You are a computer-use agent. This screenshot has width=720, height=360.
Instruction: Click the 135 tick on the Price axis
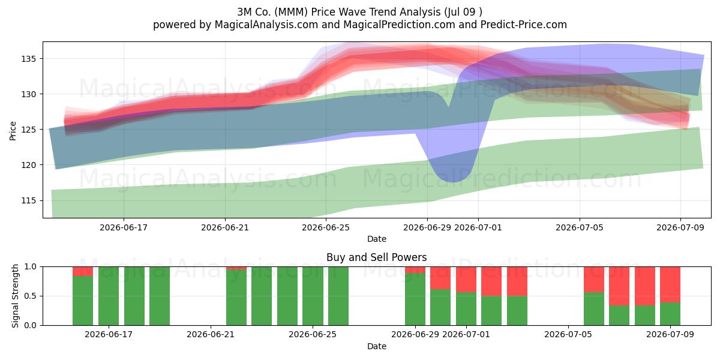click(x=29, y=59)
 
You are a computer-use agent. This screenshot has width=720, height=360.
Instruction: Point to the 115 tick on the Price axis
click(x=29, y=200)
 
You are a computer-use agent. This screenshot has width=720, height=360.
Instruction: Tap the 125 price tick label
click(x=29, y=130)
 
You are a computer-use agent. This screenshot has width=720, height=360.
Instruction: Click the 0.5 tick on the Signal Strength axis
click(x=30, y=296)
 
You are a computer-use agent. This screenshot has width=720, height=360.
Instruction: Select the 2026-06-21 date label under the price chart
click(x=225, y=227)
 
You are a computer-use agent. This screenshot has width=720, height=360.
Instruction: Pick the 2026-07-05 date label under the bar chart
click(x=568, y=334)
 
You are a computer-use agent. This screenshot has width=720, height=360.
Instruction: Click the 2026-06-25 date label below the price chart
click(x=326, y=227)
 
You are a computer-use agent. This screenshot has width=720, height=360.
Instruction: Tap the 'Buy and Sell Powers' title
click(x=377, y=257)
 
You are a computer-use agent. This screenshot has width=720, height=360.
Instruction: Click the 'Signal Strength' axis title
click(x=15, y=296)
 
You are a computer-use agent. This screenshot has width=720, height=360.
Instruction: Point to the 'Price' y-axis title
click(x=13, y=131)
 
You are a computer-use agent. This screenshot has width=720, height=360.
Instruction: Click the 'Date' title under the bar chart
click(x=377, y=346)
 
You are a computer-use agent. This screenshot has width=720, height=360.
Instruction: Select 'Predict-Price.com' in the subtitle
click(x=524, y=25)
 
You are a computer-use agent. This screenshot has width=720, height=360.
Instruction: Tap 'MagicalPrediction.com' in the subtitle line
click(x=399, y=25)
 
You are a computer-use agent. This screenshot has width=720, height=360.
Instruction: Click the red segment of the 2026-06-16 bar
click(x=83, y=271)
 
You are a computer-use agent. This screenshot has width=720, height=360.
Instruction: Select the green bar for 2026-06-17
click(x=109, y=296)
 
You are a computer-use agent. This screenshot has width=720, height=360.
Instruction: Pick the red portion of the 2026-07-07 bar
click(x=619, y=286)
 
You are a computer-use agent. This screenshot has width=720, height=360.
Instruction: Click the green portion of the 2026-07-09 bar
click(x=670, y=314)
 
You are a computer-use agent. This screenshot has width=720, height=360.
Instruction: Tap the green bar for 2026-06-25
click(x=313, y=296)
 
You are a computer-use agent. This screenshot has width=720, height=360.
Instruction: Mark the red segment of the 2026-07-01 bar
click(x=466, y=280)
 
